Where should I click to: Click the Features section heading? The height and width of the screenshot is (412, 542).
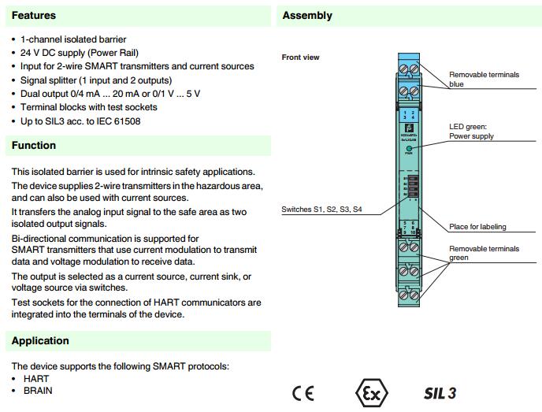[x=34, y=15]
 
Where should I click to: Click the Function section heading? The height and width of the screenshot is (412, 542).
[x=34, y=145]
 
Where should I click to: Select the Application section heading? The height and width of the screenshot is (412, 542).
[x=40, y=341]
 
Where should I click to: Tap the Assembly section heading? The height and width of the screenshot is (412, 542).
[x=307, y=15]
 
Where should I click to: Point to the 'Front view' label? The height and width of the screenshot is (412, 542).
[x=301, y=58]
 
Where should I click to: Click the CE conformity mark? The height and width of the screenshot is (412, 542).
[x=303, y=393]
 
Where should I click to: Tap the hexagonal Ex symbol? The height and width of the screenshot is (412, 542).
[x=372, y=393]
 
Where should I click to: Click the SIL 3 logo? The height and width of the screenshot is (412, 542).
[x=440, y=393]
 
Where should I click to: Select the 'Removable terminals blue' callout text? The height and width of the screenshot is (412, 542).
[x=484, y=80]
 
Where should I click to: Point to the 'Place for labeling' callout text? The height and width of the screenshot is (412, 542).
[x=477, y=227]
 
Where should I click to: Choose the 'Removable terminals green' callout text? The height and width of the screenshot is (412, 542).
[x=484, y=253]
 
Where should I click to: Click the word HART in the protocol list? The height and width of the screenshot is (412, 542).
[x=36, y=379]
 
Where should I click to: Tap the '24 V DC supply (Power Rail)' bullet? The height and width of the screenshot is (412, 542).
[x=87, y=53]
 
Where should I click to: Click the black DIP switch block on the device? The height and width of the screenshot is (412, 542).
[x=407, y=188]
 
